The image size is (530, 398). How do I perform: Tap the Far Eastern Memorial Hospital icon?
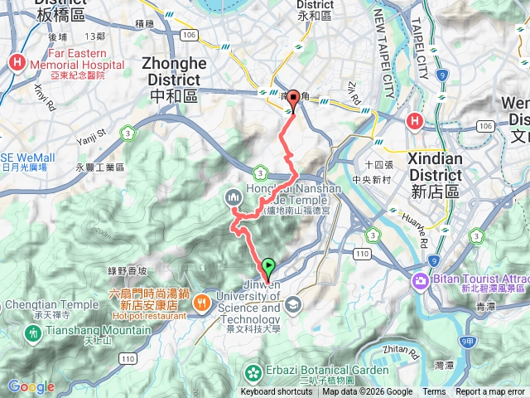17,62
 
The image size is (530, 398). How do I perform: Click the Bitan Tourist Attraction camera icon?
422,280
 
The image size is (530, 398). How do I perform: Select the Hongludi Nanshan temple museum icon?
232,196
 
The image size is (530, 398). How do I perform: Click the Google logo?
31,386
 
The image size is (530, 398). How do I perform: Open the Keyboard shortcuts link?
277,392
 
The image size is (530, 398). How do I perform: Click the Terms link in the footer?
434,392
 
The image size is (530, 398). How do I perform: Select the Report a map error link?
491,392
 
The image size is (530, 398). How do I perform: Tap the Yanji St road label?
91,132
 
